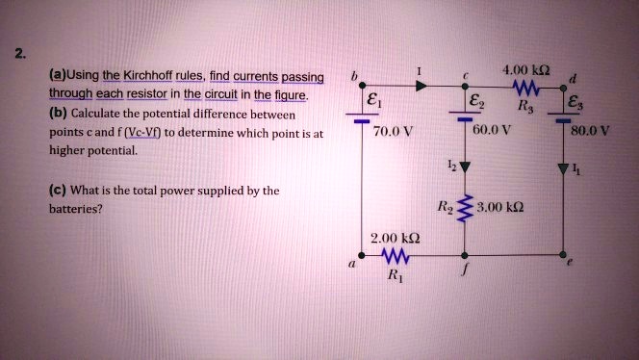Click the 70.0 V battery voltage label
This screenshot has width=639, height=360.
tap(393, 132)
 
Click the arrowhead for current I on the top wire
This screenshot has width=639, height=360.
tap(421, 86)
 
